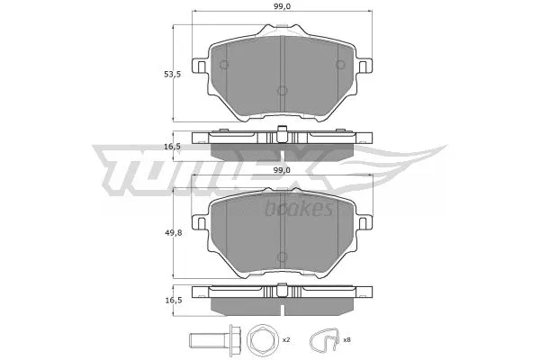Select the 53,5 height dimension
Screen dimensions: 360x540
pos(158,76)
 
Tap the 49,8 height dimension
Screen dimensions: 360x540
pos(158,232)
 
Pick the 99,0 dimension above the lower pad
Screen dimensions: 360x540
pos(282,169)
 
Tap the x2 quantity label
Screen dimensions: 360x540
pos(285,341)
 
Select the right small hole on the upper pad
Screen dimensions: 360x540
pos(338,64)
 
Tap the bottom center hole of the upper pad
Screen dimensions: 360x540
pos(282,90)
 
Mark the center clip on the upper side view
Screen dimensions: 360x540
pos(282,136)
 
